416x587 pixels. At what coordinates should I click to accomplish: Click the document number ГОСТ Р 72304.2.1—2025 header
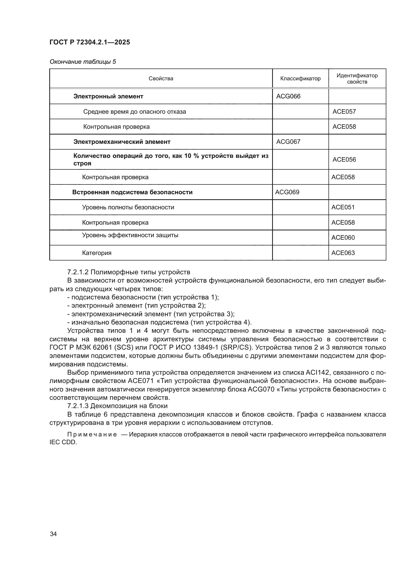coord(90,42)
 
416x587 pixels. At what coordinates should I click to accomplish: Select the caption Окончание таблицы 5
coord(83,62)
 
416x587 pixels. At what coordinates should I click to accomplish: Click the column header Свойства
coord(161,79)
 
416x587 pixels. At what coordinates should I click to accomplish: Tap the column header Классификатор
coord(300,79)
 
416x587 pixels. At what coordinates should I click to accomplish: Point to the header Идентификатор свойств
coord(357,79)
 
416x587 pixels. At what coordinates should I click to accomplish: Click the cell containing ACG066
coord(288,96)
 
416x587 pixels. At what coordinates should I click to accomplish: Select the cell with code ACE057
coord(344,111)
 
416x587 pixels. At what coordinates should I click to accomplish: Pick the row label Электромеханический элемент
coord(122,142)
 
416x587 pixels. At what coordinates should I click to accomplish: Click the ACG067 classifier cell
coord(288,142)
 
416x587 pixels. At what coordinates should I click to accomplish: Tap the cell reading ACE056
coord(344,160)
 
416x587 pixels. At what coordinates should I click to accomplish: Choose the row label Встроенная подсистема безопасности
coord(132,192)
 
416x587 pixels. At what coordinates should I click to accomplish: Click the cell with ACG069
coord(287,192)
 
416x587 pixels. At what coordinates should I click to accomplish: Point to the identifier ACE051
coord(343,207)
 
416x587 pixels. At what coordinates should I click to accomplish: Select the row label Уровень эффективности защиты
coord(130,235)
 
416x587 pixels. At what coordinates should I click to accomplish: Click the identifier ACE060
coord(343,237)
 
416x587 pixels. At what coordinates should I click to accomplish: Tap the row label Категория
coord(97,253)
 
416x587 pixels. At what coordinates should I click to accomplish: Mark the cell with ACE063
coord(343,253)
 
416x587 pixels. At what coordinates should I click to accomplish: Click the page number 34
coord(53,534)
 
